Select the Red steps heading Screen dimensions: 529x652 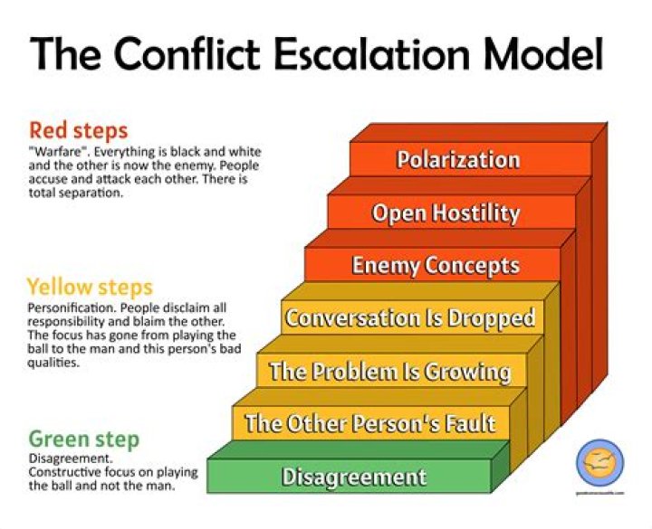78,129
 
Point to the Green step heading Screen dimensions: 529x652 83,440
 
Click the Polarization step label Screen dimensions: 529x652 458,160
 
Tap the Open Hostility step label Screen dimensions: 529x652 446,213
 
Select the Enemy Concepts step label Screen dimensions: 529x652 436,265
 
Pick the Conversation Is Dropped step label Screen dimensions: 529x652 410,318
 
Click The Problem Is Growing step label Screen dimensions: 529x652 389,372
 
